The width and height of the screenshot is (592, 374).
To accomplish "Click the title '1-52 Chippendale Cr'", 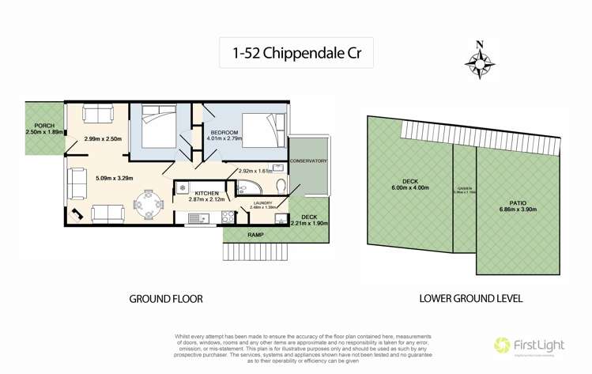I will [x=296, y=55].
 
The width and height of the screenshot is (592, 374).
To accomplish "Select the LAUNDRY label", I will [x=262, y=202].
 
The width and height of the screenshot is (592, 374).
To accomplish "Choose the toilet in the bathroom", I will [x=282, y=186].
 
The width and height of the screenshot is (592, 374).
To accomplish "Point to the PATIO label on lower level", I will [x=518, y=203].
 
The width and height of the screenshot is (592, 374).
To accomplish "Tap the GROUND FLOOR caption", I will [x=166, y=300].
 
